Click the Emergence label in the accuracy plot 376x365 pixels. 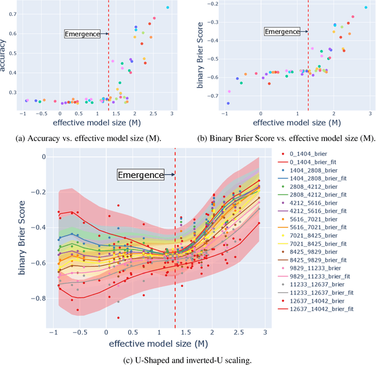pos(82,34)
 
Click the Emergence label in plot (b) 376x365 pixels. pos(282,31)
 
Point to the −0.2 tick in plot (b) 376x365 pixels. pos(203,4)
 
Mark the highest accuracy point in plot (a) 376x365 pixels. pos(167,8)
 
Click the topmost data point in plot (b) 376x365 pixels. pos(366,8)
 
